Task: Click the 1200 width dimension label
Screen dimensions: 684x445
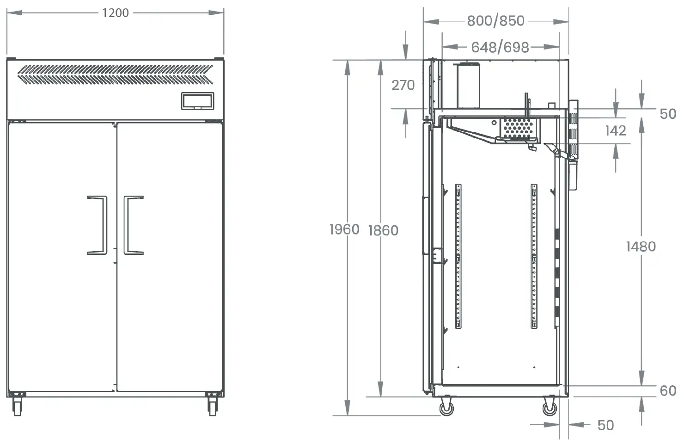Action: pyautogui.click(x=116, y=13)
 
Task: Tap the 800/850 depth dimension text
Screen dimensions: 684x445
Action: pyautogui.click(x=496, y=21)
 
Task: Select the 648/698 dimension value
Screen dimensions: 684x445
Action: pyautogui.click(x=500, y=47)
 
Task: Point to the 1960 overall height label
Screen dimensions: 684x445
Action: pyautogui.click(x=344, y=229)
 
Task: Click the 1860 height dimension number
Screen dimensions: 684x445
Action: pyautogui.click(x=384, y=231)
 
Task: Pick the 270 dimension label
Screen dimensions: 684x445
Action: pyautogui.click(x=403, y=85)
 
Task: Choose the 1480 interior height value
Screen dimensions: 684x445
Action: pyautogui.click(x=641, y=247)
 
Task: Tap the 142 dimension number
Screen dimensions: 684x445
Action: pyautogui.click(x=616, y=131)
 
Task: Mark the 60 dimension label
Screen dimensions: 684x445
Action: pyautogui.click(x=668, y=391)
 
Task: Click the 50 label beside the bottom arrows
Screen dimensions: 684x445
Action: pyautogui.click(x=606, y=426)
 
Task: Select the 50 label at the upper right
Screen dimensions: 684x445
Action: pyautogui.click(x=668, y=114)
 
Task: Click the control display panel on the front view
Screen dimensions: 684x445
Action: pyautogui.click(x=197, y=101)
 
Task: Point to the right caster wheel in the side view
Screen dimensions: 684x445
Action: pyautogui.click(x=550, y=407)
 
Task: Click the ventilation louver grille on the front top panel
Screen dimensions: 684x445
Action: pyautogui.click(x=115, y=74)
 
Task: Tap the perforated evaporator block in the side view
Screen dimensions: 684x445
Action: pyautogui.click(x=518, y=128)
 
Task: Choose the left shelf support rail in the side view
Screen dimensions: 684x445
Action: pyautogui.click(x=458, y=256)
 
